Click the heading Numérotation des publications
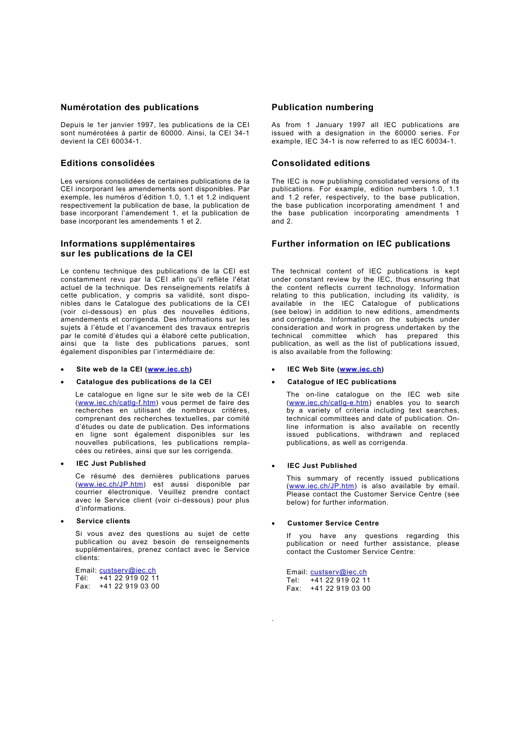(x=129, y=107)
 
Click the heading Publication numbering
(x=322, y=107)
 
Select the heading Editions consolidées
(x=107, y=163)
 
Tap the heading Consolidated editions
(x=320, y=163)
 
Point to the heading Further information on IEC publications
(x=360, y=244)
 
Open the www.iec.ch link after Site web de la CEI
(x=168, y=369)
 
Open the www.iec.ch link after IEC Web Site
(x=360, y=369)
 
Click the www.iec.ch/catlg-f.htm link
(x=117, y=403)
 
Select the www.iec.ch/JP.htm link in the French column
(x=111, y=484)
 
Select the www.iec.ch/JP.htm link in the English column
(x=321, y=486)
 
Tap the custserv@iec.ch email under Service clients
(x=127, y=570)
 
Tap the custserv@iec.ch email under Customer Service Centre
(x=338, y=572)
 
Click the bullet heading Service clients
(x=103, y=521)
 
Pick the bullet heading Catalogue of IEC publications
(x=341, y=382)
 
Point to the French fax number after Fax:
(x=129, y=586)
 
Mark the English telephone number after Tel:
(x=340, y=580)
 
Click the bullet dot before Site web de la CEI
(x=63, y=370)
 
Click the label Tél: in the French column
(x=82, y=578)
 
